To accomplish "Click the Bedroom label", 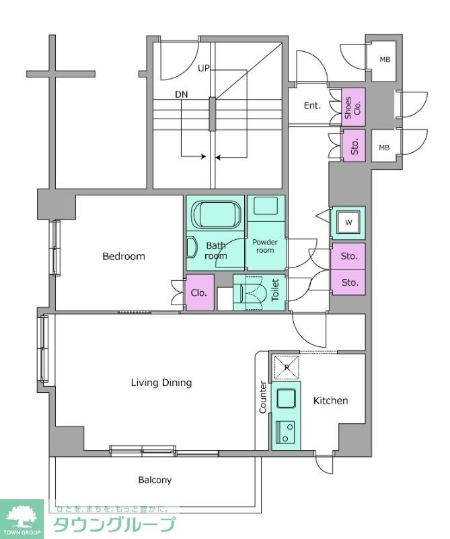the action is tap(124, 257).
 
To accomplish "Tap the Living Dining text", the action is tap(161, 383).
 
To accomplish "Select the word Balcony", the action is tap(155, 480).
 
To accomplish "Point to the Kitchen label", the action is tap(330, 400).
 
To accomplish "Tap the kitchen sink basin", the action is tap(287, 398).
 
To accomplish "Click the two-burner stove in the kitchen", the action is tap(286, 432).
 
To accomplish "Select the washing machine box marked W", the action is tap(348, 223).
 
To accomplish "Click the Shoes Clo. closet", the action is tap(353, 107).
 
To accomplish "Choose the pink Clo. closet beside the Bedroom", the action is tap(200, 293).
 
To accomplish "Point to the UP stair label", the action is tap(204, 69).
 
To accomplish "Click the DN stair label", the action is tap(182, 94).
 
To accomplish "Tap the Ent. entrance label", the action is tap(312, 106).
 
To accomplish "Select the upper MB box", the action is tap(385, 60).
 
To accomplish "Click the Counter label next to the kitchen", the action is tap(262, 397).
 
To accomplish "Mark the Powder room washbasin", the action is tap(265, 206).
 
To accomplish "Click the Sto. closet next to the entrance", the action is tap(354, 146).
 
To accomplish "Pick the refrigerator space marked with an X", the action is tap(287, 367).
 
